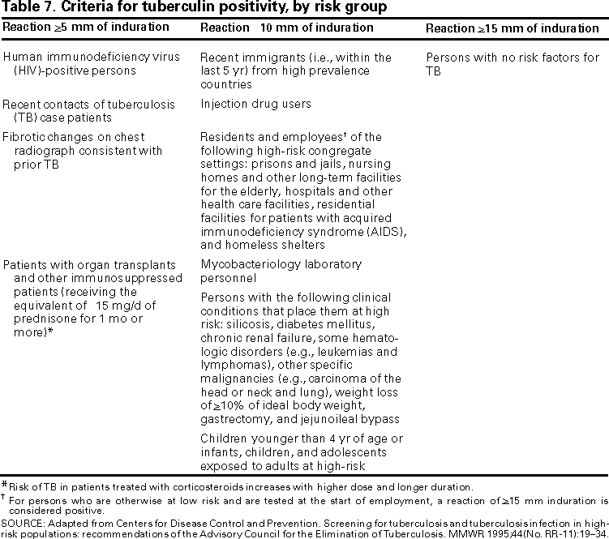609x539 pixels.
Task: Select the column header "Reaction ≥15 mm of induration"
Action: [512, 28]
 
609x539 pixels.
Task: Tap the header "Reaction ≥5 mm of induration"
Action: [85, 28]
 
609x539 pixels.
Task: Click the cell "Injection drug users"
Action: [255, 105]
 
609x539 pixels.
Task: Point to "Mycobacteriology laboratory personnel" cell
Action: [281, 272]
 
